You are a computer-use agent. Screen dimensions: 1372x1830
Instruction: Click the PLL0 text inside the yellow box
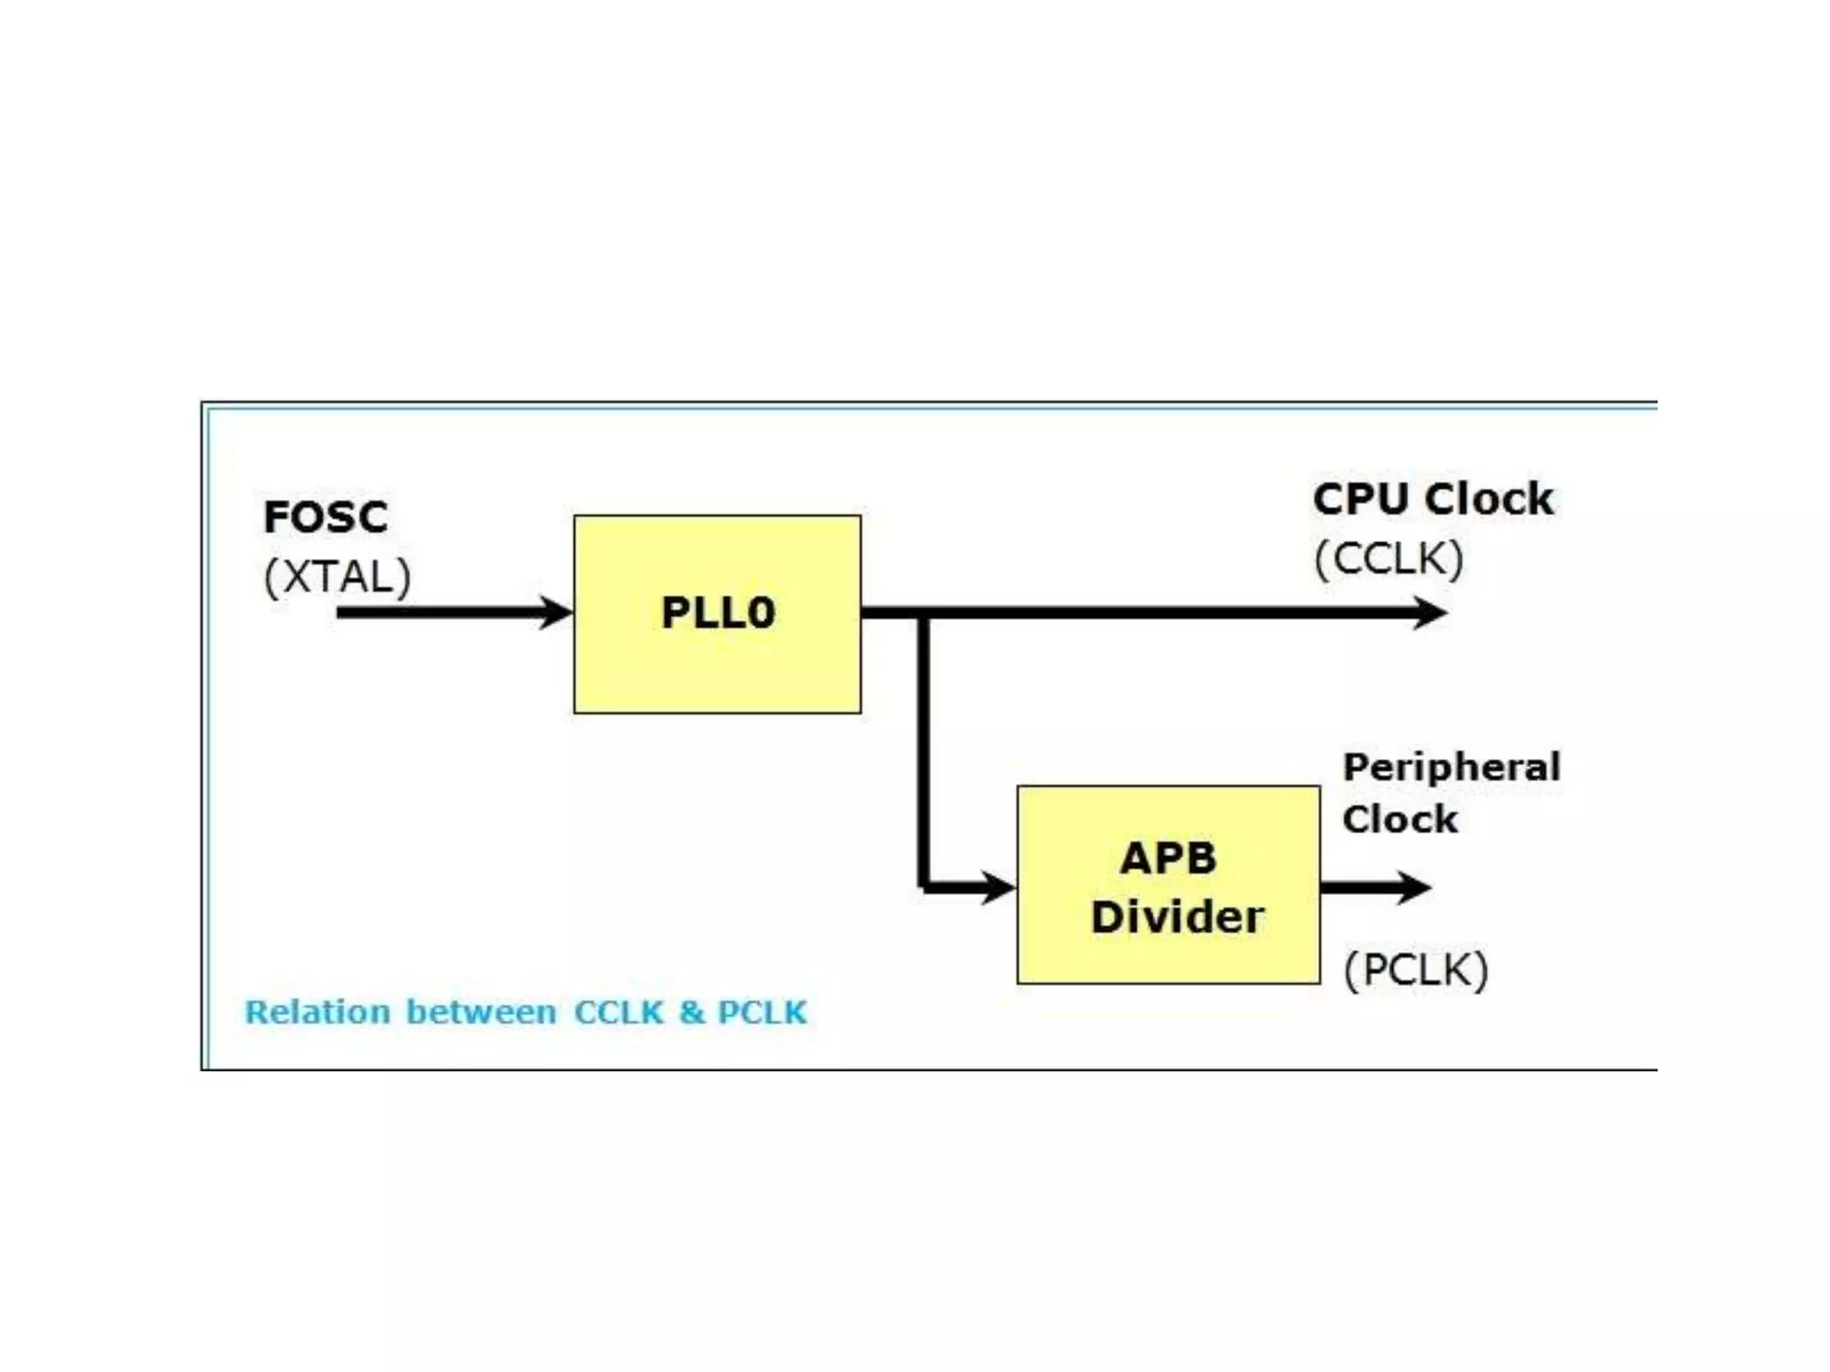(x=718, y=614)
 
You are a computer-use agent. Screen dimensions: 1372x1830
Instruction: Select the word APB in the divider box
(x=1168, y=858)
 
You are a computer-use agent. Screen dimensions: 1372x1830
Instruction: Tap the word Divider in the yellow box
(x=1178, y=917)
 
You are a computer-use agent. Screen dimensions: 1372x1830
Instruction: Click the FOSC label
(x=326, y=517)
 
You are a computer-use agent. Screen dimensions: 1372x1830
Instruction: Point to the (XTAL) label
(x=338, y=576)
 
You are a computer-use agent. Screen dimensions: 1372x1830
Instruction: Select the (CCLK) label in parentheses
(x=1389, y=559)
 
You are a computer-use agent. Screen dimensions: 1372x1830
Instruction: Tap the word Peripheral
(x=1451, y=767)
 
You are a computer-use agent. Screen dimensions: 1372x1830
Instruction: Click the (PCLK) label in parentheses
(x=1416, y=970)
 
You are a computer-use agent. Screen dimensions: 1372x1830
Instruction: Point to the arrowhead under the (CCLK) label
(x=1431, y=613)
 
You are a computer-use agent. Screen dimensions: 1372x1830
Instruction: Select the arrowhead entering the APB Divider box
(x=999, y=887)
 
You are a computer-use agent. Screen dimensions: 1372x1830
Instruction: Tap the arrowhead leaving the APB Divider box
(x=1414, y=887)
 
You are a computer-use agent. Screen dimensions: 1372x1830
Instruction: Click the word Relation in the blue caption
(x=317, y=1012)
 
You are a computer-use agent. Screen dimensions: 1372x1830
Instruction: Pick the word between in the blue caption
(x=481, y=1012)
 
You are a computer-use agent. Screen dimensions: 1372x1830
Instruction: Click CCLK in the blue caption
(x=618, y=1012)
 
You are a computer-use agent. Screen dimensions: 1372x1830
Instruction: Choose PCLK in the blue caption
(x=762, y=1012)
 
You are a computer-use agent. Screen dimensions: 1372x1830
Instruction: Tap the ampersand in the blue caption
(x=691, y=1012)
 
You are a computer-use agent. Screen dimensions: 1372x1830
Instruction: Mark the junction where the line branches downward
(x=924, y=614)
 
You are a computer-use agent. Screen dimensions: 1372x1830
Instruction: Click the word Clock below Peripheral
(x=1399, y=819)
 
